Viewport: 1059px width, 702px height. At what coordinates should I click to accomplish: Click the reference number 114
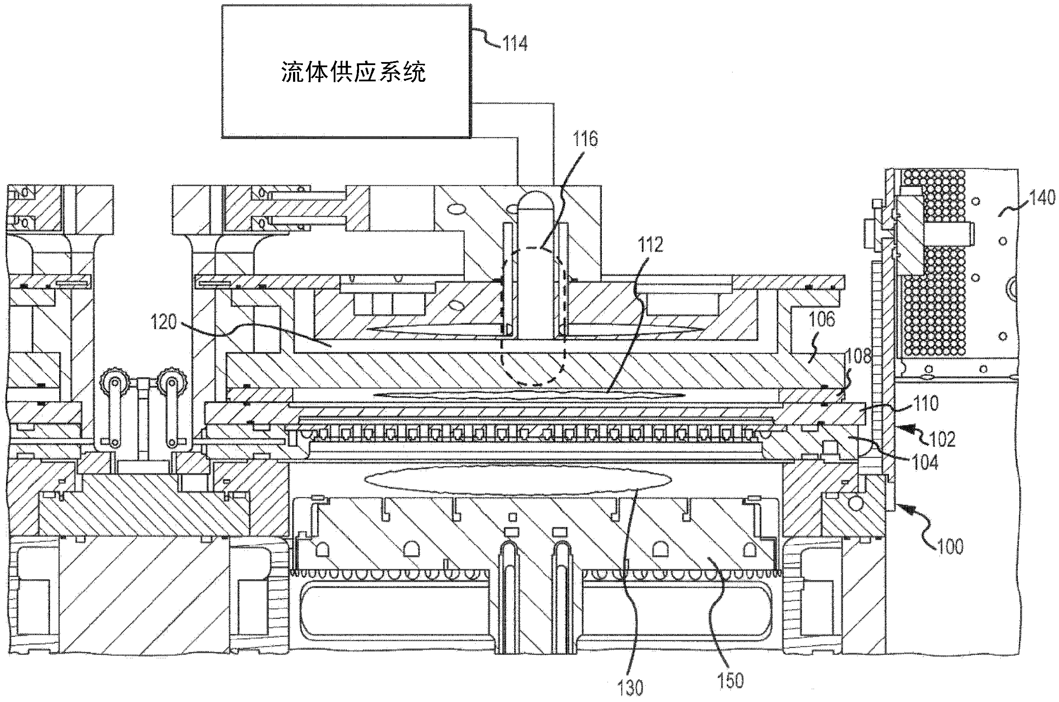tap(514, 44)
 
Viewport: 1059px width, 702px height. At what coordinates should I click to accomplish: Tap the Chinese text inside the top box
tap(353, 71)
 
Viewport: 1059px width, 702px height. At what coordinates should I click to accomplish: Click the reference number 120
tap(164, 322)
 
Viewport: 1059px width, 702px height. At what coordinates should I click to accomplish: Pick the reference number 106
tap(822, 319)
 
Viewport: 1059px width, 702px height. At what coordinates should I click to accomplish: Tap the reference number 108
tap(858, 356)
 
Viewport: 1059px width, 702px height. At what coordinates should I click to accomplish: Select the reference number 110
tap(925, 403)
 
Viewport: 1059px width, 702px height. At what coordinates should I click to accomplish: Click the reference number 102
tap(942, 439)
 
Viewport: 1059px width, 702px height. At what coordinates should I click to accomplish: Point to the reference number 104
tap(925, 462)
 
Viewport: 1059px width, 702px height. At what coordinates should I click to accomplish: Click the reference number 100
tap(950, 547)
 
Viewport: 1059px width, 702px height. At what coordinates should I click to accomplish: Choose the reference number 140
tap(1042, 197)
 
